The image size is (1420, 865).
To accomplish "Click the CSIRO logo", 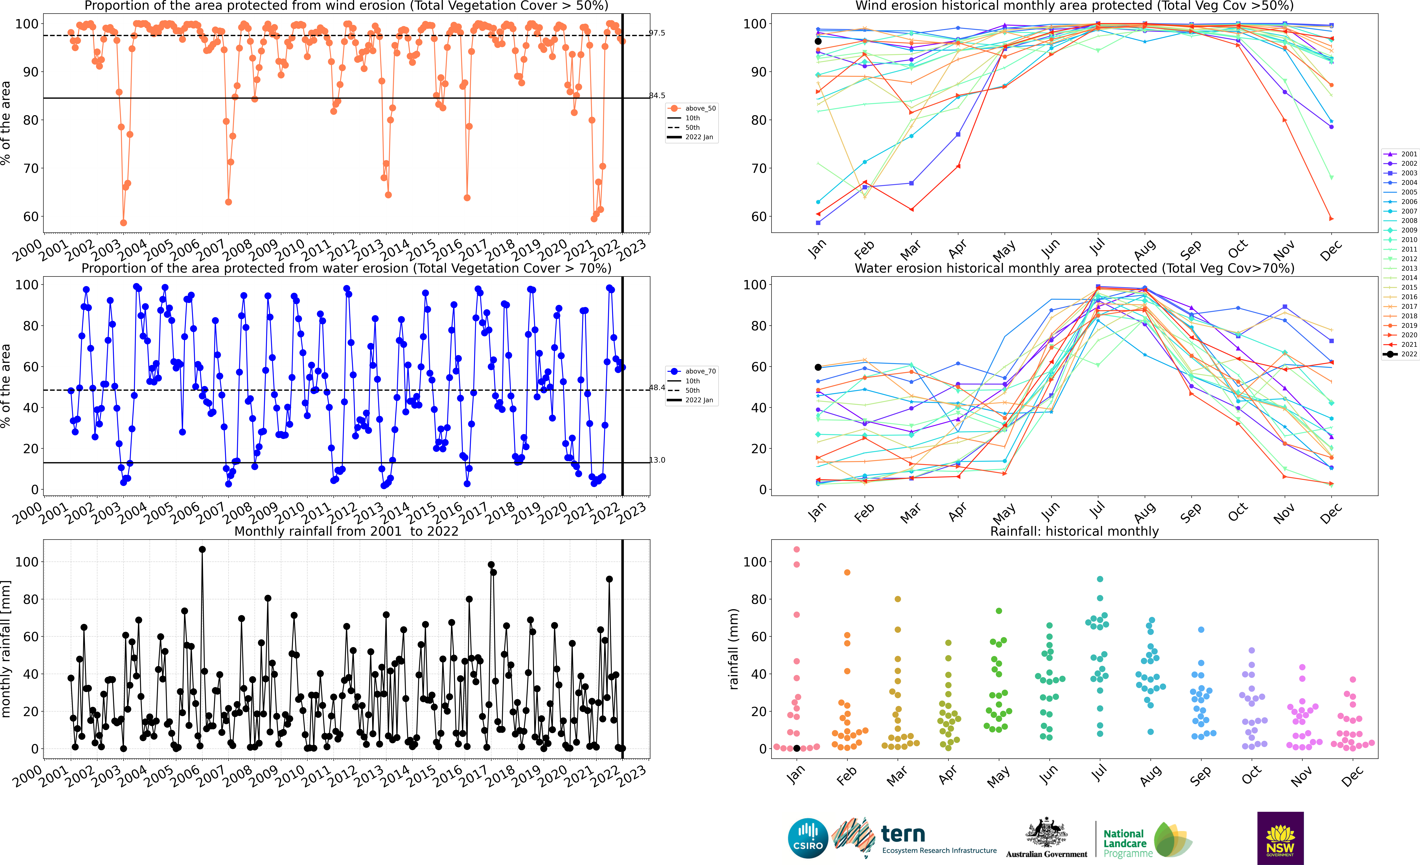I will click(x=807, y=838).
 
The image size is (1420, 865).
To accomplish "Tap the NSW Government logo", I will click(x=1280, y=838).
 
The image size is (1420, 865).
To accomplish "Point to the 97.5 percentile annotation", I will click(x=657, y=33).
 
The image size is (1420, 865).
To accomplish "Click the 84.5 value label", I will click(x=657, y=96).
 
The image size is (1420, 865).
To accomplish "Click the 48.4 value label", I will click(x=657, y=388).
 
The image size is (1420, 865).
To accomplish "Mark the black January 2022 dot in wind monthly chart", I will click(x=818, y=42).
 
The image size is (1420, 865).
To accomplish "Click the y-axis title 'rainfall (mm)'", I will click(x=733, y=649).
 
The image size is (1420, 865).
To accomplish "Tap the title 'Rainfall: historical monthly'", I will click(x=1074, y=531).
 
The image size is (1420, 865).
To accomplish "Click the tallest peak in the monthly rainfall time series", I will click(x=202, y=550).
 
